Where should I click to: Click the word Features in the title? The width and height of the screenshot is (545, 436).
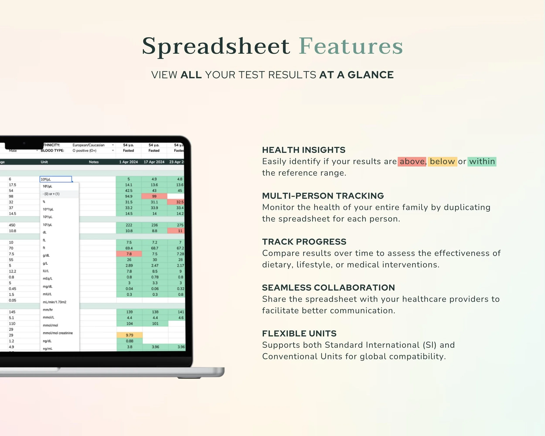point(351,46)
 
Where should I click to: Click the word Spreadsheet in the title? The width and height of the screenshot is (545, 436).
point(216,46)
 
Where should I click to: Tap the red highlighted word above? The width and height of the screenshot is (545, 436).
point(412,162)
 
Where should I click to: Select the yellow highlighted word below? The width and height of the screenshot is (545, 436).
point(442,162)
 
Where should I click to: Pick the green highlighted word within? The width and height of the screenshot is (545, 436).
point(482,162)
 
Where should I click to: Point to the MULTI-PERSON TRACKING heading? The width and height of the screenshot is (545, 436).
point(323,196)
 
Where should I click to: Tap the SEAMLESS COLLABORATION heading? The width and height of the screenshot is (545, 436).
point(328,288)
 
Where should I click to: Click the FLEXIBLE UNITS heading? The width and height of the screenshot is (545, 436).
point(299,334)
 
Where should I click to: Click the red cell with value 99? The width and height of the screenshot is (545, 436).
point(154,196)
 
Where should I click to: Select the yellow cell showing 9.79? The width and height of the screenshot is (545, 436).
point(129,335)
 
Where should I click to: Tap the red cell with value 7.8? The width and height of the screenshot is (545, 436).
point(129,254)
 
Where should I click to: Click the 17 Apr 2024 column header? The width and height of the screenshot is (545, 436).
point(154,162)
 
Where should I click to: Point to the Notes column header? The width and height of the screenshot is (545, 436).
point(94,162)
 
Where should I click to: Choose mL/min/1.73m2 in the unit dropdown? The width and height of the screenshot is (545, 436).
point(54,302)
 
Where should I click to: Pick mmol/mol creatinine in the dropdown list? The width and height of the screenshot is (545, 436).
point(58,333)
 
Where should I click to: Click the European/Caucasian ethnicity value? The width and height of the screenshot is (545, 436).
point(89,145)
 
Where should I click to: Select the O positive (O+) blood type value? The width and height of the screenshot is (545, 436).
point(84,151)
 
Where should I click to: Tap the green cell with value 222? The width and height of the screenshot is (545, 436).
point(129,225)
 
